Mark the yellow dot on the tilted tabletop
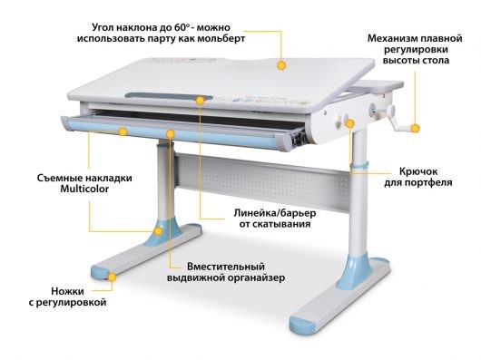(281, 65)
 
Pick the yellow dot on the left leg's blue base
(159, 231)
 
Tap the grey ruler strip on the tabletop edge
(163, 95)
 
